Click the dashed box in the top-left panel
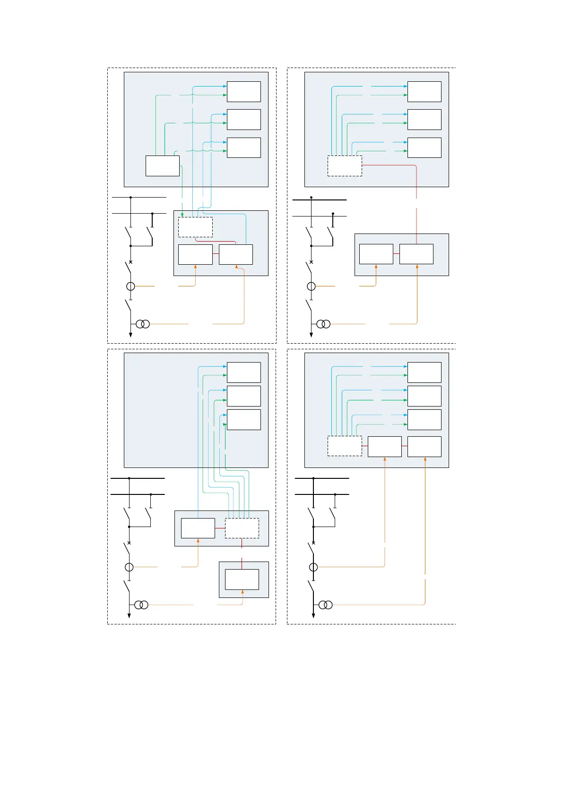click(x=195, y=227)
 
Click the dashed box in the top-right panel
click(x=345, y=166)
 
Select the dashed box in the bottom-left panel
click(x=242, y=528)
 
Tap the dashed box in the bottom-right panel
click(x=345, y=446)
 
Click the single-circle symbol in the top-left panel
click(x=130, y=286)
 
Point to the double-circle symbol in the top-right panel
click(x=323, y=324)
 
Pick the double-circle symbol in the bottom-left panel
click(x=141, y=605)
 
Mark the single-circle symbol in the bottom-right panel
click(x=313, y=567)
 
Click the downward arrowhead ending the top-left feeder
click(x=130, y=335)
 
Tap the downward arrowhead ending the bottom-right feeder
click(x=313, y=615)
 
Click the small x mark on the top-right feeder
click(x=311, y=262)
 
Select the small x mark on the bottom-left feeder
click(x=129, y=543)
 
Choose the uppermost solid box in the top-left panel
click(x=243, y=92)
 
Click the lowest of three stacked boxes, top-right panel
click(x=424, y=147)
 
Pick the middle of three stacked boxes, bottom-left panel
click(x=243, y=396)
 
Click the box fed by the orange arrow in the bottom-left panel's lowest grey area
click(x=242, y=580)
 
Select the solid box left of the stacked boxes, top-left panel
click(x=162, y=166)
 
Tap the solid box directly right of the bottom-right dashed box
click(x=384, y=446)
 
